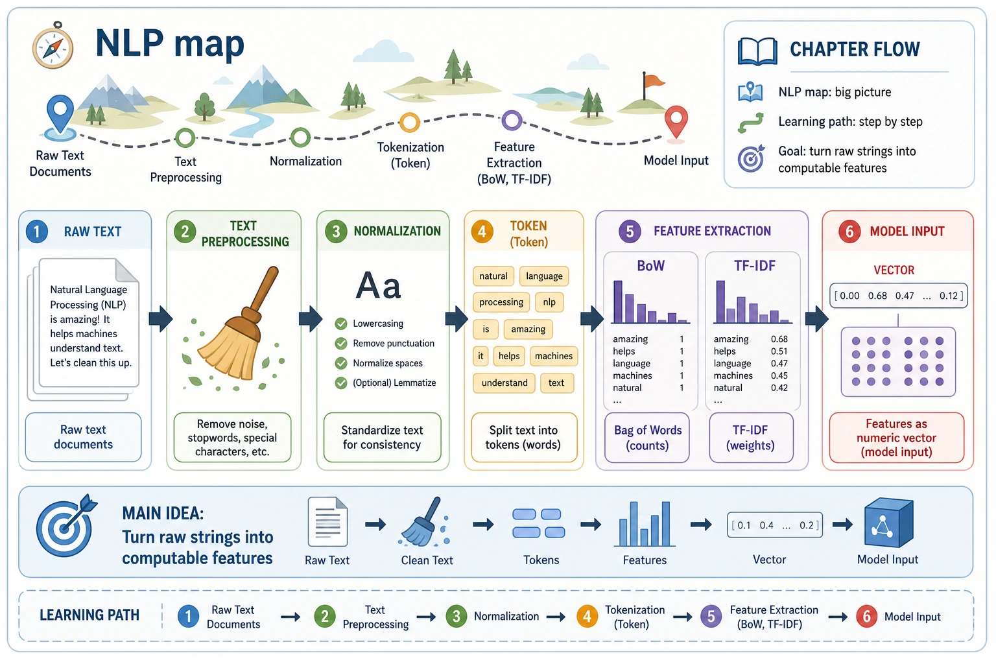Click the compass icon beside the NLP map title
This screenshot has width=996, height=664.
tap(53, 45)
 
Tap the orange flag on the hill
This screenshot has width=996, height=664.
tap(654, 82)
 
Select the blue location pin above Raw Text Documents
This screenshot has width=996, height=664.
tap(60, 114)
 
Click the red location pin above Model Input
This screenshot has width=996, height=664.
tap(676, 122)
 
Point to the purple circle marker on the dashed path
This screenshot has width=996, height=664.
tap(512, 120)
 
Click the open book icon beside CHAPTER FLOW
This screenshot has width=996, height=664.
tap(757, 52)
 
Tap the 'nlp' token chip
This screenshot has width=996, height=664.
tap(549, 302)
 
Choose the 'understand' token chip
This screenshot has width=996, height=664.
tap(504, 383)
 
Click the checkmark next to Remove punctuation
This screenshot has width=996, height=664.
tap(341, 343)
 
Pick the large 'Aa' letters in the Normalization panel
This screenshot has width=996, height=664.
tap(379, 285)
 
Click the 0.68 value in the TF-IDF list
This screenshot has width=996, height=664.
tap(779, 339)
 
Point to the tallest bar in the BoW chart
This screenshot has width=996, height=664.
tap(617, 302)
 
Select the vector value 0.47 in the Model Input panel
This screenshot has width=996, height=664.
tap(905, 296)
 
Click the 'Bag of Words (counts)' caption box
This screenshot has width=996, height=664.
tap(647, 438)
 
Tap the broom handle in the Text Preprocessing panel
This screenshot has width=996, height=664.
tap(263, 291)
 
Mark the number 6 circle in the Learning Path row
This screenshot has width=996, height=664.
tap(866, 617)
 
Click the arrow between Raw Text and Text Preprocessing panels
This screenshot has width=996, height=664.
tap(160, 319)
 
